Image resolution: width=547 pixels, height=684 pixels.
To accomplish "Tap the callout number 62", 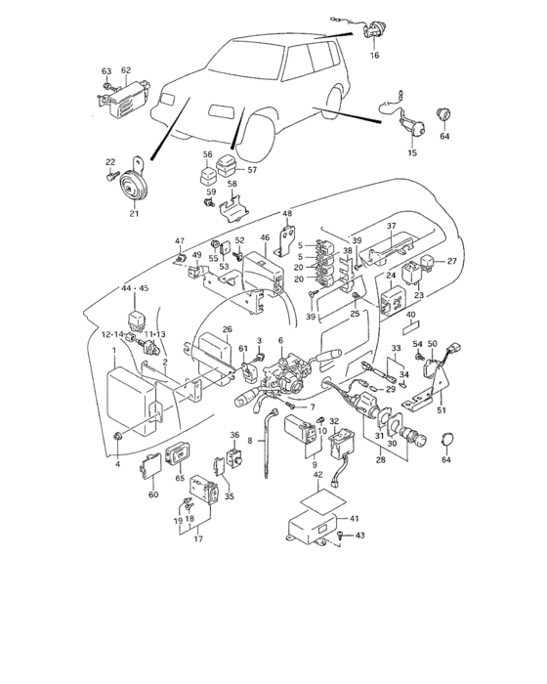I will click(x=126, y=70).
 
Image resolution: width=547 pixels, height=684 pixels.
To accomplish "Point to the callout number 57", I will click(x=251, y=168).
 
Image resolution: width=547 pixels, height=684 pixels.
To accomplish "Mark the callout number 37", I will click(x=390, y=227).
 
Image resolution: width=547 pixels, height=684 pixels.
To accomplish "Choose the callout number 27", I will click(x=452, y=261).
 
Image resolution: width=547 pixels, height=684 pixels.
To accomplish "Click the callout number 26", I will click(x=227, y=329).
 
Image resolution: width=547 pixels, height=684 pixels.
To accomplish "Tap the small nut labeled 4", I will click(x=118, y=436).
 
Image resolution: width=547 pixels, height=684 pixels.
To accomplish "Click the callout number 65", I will click(x=180, y=480).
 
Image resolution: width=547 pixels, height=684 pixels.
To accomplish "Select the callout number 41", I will click(x=355, y=518).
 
